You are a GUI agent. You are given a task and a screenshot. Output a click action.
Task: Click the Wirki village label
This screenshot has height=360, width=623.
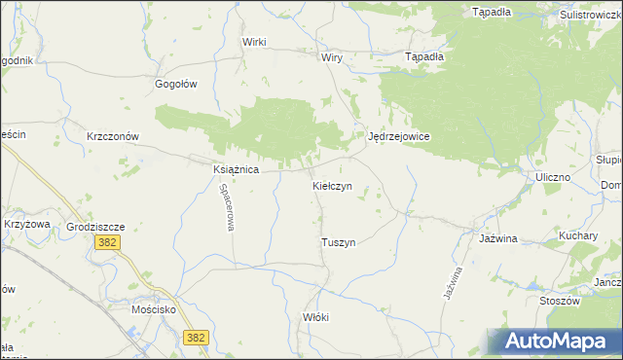pyautogui.click(x=255, y=42)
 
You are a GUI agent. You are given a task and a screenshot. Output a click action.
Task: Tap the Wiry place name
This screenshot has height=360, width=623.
pyautogui.click(x=332, y=57)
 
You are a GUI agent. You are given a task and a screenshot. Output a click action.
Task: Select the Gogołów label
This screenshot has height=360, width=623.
pyautogui.click(x=176, y=84)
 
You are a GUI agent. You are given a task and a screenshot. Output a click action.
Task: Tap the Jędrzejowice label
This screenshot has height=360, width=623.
pyautogui.click(x=399, y=137)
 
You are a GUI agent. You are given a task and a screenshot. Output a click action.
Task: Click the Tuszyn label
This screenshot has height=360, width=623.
pyautogui.click(x=338, y=242)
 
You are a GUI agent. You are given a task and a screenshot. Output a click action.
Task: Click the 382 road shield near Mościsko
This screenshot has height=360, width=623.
pyautogui.click(x=196, y=337)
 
